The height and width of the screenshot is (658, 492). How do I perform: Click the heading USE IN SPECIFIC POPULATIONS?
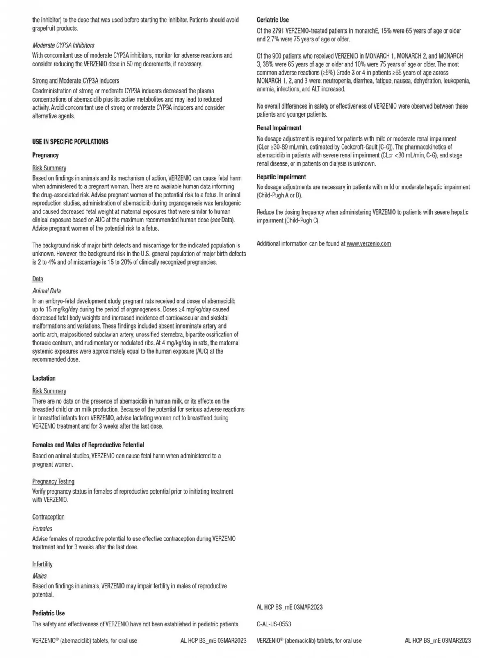[x=71, y=142]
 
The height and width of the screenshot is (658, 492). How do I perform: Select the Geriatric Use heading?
[x=273, y=20]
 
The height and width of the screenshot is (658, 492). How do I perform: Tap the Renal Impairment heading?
[x=279, y=128]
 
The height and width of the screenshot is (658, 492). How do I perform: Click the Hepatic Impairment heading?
[x=281, y=177]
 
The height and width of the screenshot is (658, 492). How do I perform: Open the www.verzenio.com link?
[x=369, y=244]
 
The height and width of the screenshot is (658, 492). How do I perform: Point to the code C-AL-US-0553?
[x=274, y=624]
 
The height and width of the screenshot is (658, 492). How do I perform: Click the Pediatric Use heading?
[x=48, y=613]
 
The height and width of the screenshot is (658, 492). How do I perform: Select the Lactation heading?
[x=44, y=378]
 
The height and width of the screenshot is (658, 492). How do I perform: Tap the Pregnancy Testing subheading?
[x=53, y=481]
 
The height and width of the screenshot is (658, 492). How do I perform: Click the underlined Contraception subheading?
[x=48, y=517]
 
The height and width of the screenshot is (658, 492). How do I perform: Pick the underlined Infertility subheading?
[x=42, y=564]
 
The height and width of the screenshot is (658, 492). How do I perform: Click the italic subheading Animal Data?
[x=46, y=291]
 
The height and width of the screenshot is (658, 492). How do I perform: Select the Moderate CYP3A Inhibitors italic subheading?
[x=63, y=45]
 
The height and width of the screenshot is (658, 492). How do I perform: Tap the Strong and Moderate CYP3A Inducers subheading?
[x=76, y=81]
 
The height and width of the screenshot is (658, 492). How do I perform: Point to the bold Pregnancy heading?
[x=46, y=155]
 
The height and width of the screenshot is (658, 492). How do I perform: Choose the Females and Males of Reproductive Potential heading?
[x=88, y=445]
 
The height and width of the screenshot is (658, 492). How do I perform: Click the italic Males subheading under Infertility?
[x=39, y=576]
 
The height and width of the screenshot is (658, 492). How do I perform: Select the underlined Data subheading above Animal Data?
[x=38, y=279]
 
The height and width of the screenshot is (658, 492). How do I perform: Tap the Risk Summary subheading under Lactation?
[x=49, y=391]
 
